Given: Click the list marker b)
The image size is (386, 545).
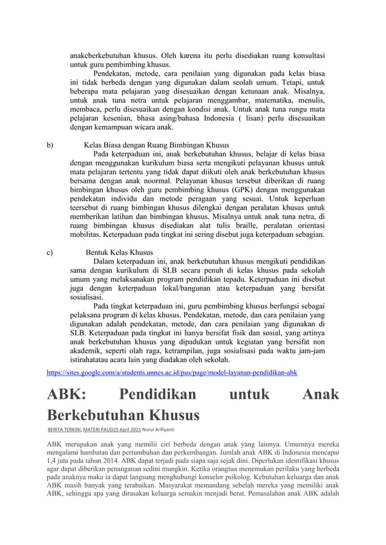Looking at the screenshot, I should pyautogui.click(x=50, y=145).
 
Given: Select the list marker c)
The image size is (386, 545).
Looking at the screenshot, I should pyautogui.click(x=50, y=251).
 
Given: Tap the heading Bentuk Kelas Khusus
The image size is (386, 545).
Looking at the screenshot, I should pyautogui.click(x=119, y=251).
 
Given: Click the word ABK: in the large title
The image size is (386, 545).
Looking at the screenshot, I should pyautogui.click(x=67, y=396).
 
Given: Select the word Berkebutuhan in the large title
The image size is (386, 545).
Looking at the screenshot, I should pyautogui.click(x=96, y=416).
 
